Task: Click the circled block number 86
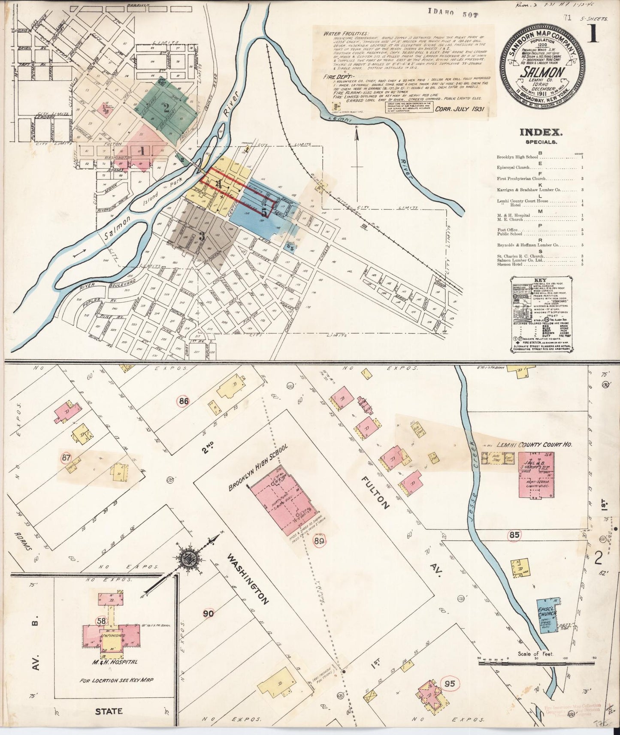184,401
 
